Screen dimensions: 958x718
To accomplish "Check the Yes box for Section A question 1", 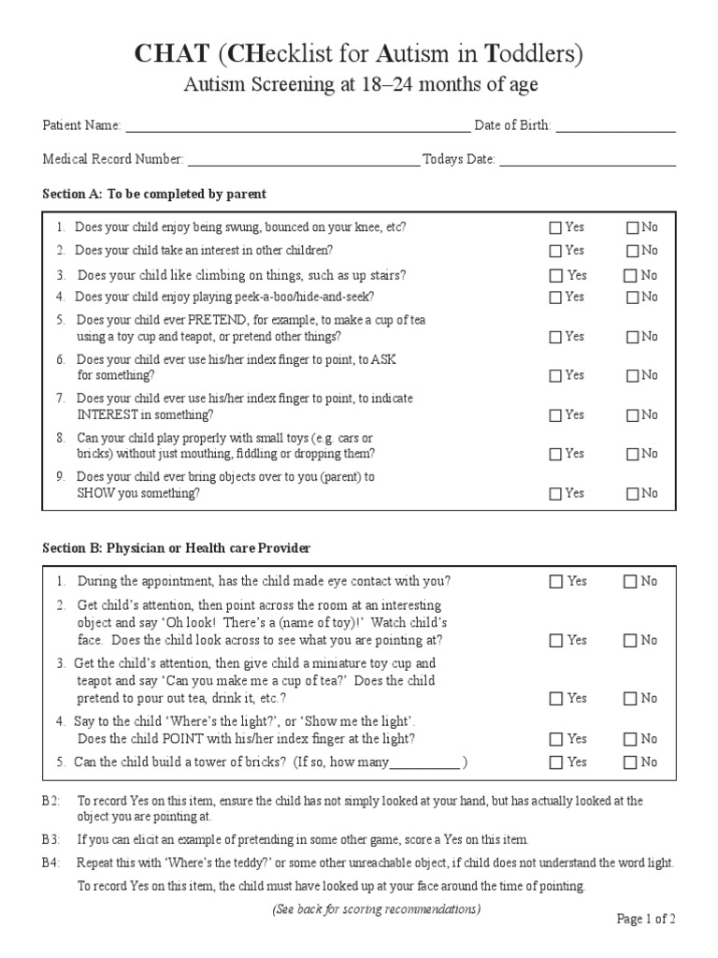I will pos(556,227).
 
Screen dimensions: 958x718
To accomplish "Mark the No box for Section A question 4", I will pos(632,298).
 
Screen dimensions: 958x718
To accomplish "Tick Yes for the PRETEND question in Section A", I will pos(556,337).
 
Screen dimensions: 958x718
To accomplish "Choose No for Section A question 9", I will pos(632,493).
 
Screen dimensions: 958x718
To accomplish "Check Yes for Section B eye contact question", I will pos(556,582).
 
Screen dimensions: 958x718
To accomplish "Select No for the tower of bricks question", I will pos(632,762).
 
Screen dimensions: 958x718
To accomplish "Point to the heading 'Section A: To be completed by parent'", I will pos(154,195).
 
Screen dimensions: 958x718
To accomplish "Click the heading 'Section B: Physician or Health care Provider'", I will pos(177,547).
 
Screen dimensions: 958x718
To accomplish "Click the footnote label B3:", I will pos(50,839).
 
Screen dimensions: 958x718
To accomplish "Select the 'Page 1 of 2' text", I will pos(646,919).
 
